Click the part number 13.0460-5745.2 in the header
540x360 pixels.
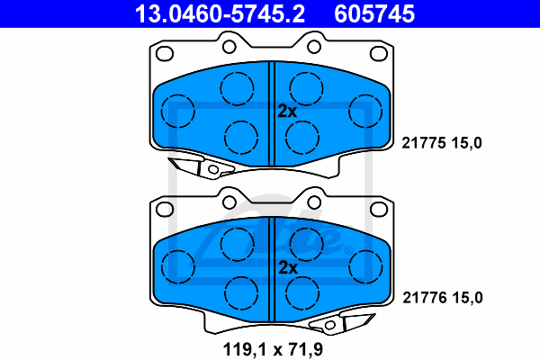[220, 13]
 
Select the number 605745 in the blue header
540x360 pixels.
[374, 13]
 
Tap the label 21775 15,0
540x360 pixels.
[442, 142]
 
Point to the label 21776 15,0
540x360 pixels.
[443, 298]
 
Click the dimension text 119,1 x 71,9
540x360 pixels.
[273, 349]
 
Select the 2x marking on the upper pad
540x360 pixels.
[287, 112]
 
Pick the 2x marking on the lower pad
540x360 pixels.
[288, 267]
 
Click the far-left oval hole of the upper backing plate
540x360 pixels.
[165, 54]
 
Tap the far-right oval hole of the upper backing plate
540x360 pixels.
[379, 54]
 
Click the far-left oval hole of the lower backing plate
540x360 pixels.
[165, 209]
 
